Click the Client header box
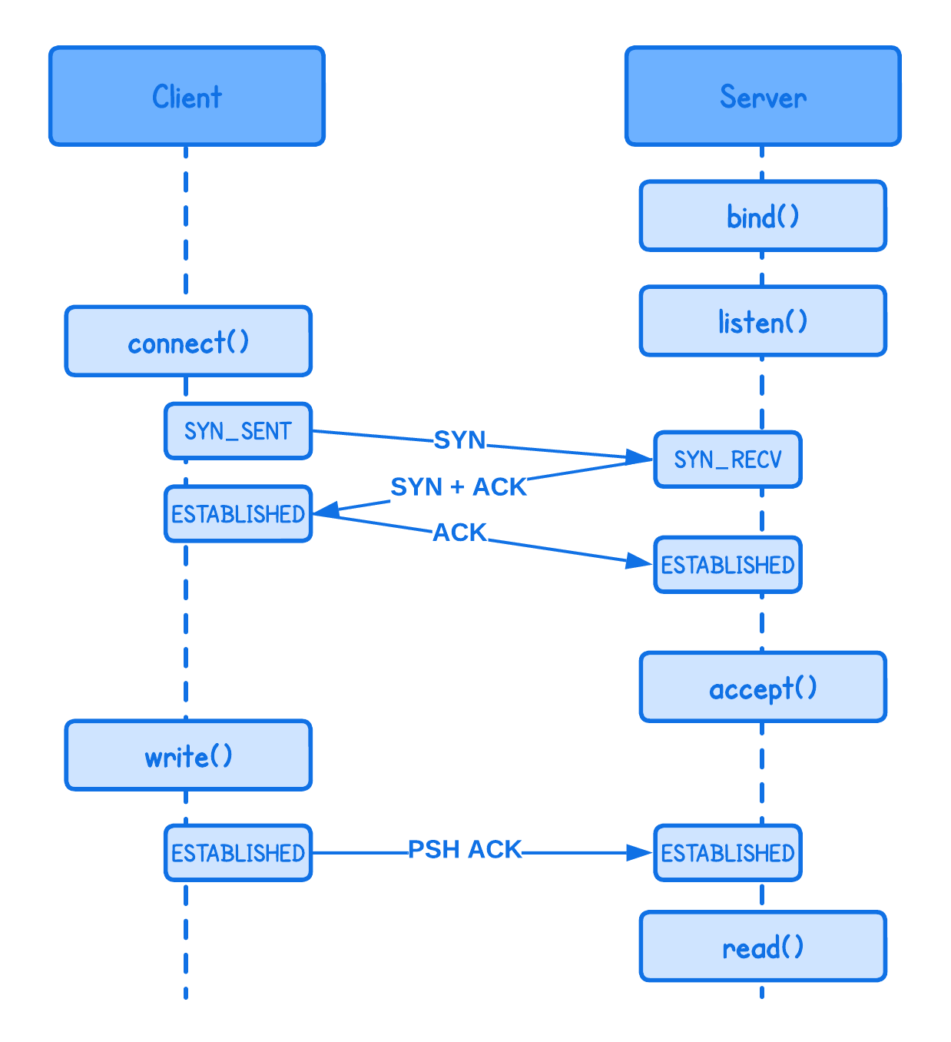click(x=187, y=96)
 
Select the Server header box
click(x=763, y=96)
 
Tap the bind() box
click(x=763, y=216)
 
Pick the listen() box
click(x=763, y=321)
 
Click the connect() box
click(x=188, y=341)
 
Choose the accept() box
click(x=763, y=687)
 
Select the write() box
click(x=188, y=755)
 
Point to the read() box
click(x=763, y=946)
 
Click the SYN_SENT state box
click(x=238, y=431)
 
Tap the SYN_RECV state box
click(x=727, y=460)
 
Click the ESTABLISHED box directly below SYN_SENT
click(x=238, y=513)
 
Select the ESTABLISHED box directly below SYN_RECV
click(x=727, y=565)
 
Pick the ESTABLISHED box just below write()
click(x=238, y=853)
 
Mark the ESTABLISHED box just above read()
click(x=727, y=853)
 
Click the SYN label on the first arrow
click(x=459, y=440)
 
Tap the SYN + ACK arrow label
click(x=459, y=486)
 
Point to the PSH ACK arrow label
click(x=465, y=849)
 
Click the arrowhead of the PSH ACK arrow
click(x=639, y=853)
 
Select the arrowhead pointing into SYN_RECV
click(x=639, y=458)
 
